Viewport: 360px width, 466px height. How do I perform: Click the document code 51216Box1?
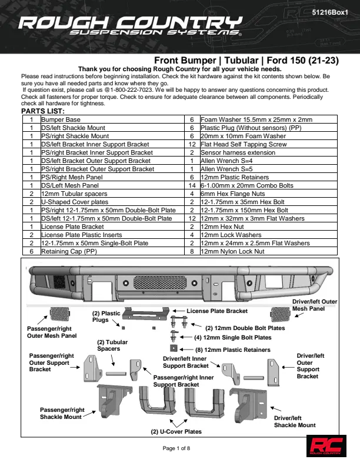[329, 12]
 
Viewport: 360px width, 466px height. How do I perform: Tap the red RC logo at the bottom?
[326, 446]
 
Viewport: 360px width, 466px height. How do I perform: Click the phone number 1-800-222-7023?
[132, 90]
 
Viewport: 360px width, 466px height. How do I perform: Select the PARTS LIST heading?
[43, 111]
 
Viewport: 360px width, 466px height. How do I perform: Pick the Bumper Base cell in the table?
[61, 119]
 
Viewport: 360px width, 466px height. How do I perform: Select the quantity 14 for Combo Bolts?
[192, 185]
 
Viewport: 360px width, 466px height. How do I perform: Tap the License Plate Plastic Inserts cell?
[81, 235]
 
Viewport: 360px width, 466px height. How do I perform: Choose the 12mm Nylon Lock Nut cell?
[232, 251]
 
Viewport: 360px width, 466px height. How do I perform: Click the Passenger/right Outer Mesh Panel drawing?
[59, 314]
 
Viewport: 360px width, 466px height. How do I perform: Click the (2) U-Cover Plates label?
[176, 431]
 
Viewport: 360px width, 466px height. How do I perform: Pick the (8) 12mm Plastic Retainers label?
[233, 350]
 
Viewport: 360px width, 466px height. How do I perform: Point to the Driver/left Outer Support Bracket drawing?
[273, 372]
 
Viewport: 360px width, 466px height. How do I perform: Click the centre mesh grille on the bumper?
[160, 282]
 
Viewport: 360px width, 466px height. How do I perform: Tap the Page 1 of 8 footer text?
[176, 448]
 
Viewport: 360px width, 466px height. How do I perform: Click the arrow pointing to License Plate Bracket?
[178, 311]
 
